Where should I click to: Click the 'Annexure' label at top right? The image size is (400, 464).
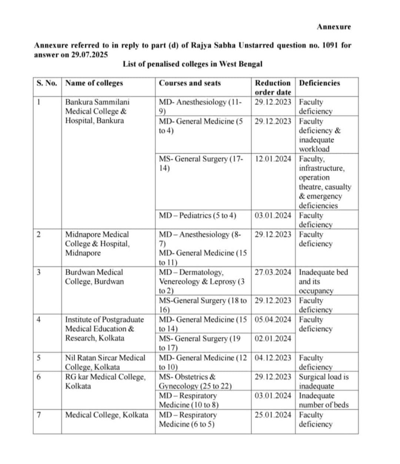334,27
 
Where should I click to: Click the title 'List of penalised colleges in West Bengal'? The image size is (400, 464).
192,64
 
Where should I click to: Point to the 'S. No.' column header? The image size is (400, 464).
47,83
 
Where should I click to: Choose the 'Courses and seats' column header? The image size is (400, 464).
190,83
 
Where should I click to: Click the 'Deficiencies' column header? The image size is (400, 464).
319,83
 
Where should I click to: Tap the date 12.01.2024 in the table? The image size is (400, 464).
273,159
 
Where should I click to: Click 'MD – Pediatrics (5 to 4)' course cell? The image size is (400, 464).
197,215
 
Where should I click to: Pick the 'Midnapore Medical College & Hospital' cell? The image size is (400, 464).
97,243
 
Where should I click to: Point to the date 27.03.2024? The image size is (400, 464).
273,272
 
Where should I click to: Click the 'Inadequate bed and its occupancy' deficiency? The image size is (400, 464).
323,281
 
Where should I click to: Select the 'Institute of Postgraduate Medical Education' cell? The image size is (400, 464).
104,329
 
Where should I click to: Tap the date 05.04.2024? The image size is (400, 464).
273,319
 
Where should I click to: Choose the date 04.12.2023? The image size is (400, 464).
273,358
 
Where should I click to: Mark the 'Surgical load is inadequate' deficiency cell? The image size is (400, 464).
323,381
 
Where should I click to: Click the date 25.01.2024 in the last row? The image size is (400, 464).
273,415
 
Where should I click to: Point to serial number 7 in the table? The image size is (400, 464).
39,415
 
